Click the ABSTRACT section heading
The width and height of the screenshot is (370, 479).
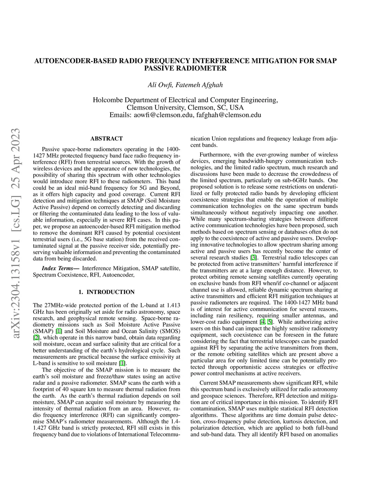pyautogui.click(x=107, y=138)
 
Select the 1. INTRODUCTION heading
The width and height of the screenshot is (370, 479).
pyautogui.click(x=107, y=292)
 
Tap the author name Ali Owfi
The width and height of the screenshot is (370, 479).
pyautogui.click(x=160, y=85)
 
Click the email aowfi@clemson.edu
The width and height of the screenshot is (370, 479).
pyautogui.click(x=164, y=115)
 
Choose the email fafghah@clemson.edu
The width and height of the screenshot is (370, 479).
pyautogui.click(x=229, y=115)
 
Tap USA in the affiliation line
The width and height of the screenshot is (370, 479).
pyautogui.click(x=237, y=108)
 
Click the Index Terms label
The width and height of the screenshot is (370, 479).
pyautogui.click(x=60, y=268)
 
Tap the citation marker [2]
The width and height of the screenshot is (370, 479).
pyautogui.click(x=36, y=338)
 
